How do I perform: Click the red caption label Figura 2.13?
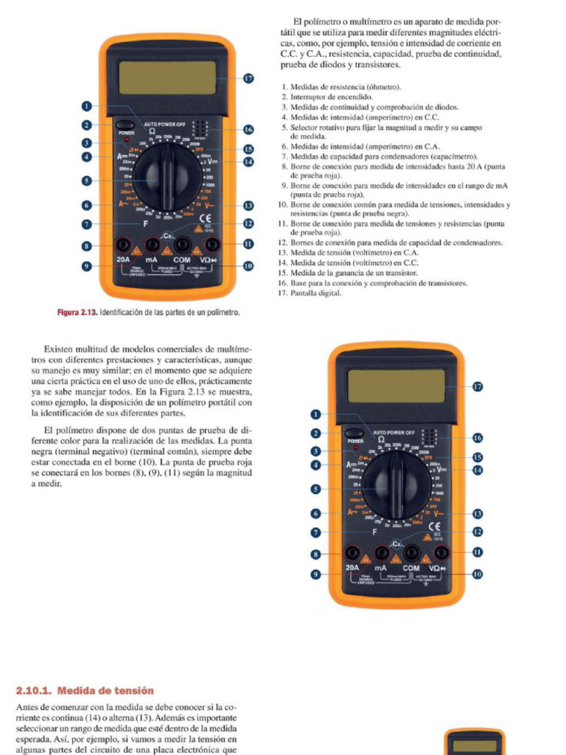77,313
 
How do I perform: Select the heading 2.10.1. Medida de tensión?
85,691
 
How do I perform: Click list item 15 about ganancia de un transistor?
354,273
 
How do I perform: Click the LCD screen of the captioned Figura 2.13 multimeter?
167,77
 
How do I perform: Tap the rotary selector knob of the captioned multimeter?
168,175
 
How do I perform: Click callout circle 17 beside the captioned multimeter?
248,78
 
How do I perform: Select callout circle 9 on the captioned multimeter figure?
87,265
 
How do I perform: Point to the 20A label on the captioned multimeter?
124,260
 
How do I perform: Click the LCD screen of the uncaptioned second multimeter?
396,386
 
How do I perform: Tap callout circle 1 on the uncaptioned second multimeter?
316,415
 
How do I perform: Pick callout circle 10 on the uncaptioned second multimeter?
477,574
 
